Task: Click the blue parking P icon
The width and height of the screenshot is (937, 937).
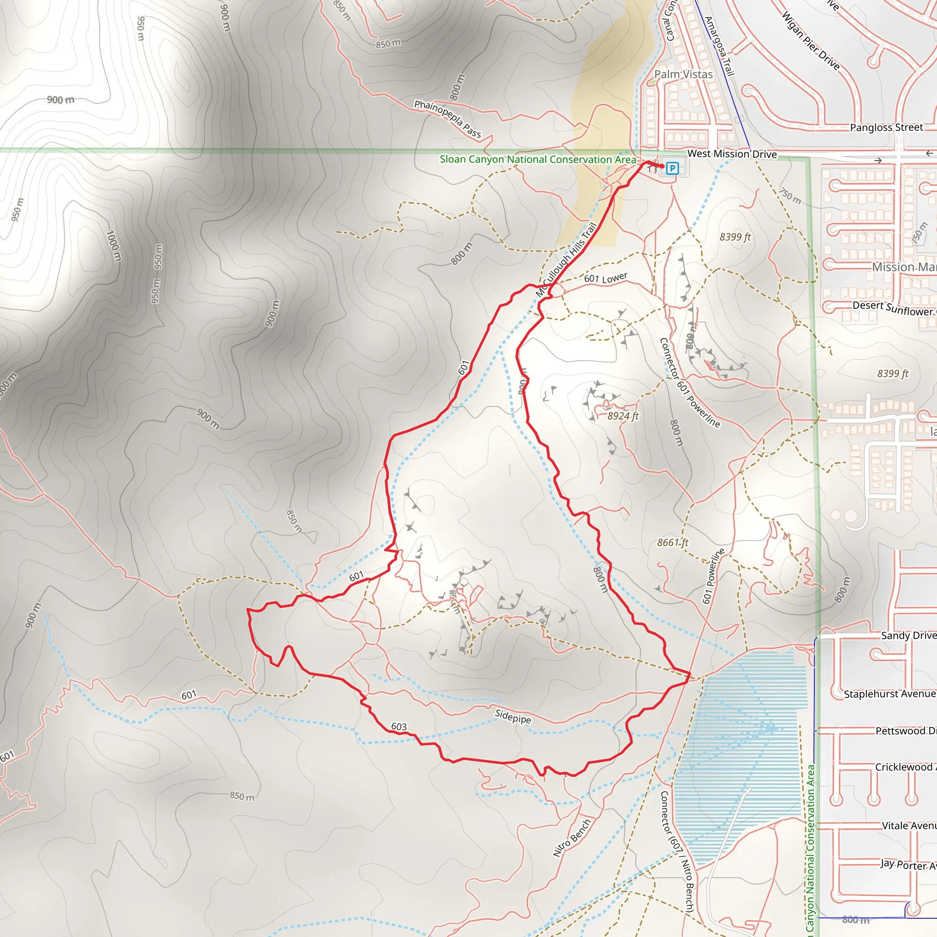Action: [672, 168]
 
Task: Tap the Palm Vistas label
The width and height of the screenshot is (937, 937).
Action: [684, 74]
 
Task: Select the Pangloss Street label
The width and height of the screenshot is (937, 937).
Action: [886, 128]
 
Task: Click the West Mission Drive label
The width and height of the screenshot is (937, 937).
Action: [732, 154]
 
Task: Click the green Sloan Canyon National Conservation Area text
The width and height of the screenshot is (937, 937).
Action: [538, 160]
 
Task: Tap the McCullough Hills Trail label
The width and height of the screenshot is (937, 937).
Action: [566, 259]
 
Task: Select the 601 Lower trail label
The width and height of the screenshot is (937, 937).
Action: [605, 278]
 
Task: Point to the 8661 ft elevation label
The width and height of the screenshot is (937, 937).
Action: [672, 543]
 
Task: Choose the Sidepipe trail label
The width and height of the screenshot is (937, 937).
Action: [512, 716]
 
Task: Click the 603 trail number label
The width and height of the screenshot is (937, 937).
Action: [398, 727]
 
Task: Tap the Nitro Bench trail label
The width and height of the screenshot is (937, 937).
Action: [572, 838]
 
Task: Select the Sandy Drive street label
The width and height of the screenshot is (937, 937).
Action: [908, 636]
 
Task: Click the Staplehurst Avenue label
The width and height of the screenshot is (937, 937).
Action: [889, 694]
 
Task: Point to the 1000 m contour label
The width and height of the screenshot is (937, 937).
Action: [113, 246]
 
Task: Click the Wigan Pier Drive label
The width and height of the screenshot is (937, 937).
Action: [810, 41]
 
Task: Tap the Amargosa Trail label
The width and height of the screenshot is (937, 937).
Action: [719, 47]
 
